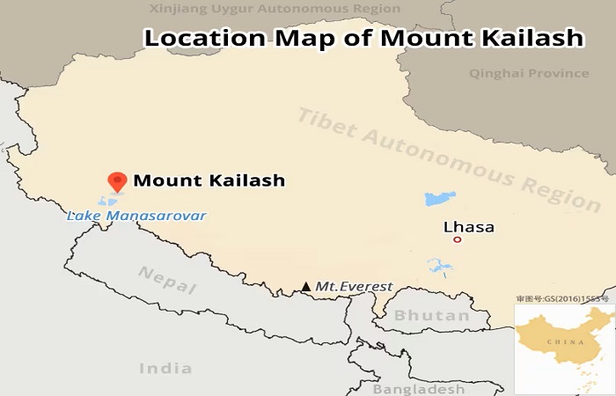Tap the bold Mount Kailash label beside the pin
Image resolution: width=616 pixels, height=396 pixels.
click(209, 181)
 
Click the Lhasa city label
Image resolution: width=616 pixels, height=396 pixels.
click(469, 227)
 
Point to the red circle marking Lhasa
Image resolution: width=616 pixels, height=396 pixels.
click(457, 239)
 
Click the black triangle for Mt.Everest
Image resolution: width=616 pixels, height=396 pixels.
click(305, 287)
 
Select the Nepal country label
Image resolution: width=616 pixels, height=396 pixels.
click(167, 279)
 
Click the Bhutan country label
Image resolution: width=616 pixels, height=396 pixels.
click(431, 315)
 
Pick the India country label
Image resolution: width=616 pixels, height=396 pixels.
click(165, 367)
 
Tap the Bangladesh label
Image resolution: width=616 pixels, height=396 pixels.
click(419, 389)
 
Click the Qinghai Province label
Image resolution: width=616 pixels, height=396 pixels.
click(529, 73)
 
